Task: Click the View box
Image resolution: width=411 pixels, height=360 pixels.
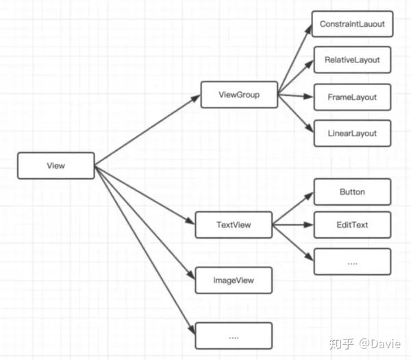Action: click(x=56, y=165)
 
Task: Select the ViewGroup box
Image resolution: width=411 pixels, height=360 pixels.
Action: click(x=239, y=95)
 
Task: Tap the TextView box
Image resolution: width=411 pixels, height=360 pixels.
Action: click(x=234, y=225)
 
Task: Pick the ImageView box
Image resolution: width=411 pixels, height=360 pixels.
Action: click(x=234, y=280)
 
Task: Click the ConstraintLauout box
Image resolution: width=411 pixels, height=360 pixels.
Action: click(x=352, y=24)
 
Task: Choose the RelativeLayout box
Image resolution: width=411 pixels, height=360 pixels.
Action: click(x=352, y=60)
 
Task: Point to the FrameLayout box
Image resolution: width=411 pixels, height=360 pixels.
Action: click(x=352, y=97)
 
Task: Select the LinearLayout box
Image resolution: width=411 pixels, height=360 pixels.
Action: click(x=352, y=133)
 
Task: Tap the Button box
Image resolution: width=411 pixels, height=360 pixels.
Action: click(x=352, y=192)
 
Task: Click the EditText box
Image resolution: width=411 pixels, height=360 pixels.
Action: click(x=352, y=225)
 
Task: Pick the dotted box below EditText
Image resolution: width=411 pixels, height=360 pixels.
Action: click(x=352, y=262)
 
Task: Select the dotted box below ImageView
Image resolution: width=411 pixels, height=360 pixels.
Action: click(x=234, y=336)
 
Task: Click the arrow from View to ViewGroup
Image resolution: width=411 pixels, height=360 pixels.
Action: click(x=147, y=130)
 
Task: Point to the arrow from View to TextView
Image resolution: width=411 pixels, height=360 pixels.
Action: click(x=145, y=195)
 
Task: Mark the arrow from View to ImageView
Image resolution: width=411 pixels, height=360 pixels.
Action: click(x=145, y=222)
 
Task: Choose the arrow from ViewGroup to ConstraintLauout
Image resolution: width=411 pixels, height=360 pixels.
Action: click(x=295, y=59)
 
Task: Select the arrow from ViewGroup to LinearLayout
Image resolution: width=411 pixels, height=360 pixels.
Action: click(x=296, y=113)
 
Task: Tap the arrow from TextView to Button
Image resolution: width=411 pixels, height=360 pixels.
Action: click(x=293, y=208)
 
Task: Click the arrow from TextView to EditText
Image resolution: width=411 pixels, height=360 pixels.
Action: click(x=293, y=225)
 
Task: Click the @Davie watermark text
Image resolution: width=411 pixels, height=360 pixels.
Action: click(x=379, y=344)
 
